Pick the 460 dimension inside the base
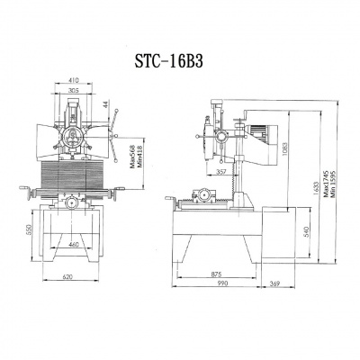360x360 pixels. (x=74, y=244)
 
